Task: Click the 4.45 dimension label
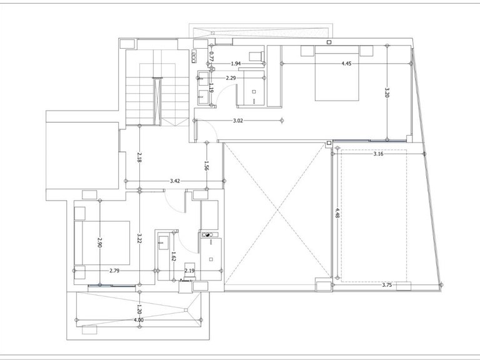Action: pos(346,64)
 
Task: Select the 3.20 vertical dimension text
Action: pos(387,92)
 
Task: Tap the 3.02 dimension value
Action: pos(238,121)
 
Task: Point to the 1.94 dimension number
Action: pos(236,64)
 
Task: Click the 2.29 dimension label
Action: pos(231,78)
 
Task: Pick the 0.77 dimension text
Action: pos(211,56)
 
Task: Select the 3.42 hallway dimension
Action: pos(175,181)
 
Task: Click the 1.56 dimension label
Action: pos(207,166)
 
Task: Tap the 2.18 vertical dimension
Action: pos(139,157)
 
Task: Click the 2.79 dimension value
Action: pos(114,271)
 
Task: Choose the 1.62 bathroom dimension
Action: pos(173,256)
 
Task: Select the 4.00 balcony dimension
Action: pos(139,320)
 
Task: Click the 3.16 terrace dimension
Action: pos(378,154)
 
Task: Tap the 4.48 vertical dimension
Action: pos(337,212)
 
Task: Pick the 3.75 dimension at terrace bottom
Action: pos(387,285)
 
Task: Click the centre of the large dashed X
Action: pos(277,211)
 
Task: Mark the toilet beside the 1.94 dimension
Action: pos(256,56)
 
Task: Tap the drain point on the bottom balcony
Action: pos(186,310)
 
